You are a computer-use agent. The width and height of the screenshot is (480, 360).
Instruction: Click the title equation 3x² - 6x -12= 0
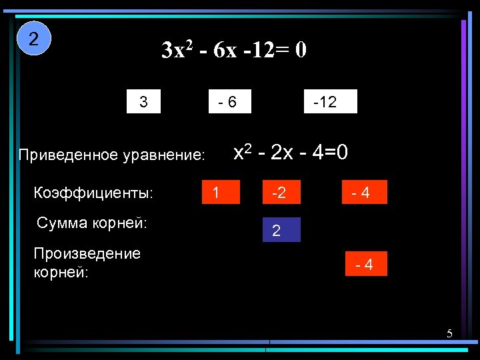coord(234,51)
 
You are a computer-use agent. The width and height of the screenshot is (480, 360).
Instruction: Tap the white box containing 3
coord(144,102)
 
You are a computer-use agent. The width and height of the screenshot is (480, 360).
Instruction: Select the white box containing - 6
coord(229,102)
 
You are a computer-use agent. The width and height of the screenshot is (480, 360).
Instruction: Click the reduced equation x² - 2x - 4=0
coord(290,153)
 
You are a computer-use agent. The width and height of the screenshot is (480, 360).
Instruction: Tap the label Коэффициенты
coord(93,193)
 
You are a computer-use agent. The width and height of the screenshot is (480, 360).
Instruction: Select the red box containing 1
coord(220,193)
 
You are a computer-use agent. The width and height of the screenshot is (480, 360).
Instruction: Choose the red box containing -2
coord(281,193)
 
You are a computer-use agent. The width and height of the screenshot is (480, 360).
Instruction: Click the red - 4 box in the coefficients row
coord(363,193)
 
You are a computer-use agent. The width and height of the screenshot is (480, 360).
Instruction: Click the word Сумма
coord(62,223)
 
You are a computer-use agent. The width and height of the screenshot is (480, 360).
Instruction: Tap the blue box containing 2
coord(281,230)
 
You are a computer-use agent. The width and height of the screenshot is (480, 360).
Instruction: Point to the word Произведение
coord(87,254)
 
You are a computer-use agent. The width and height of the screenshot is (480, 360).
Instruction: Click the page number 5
coord(449,333)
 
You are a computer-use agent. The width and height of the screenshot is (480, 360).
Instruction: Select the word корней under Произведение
coord(60,272)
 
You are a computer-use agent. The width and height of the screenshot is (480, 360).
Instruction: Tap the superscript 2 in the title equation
coord(190,45)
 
